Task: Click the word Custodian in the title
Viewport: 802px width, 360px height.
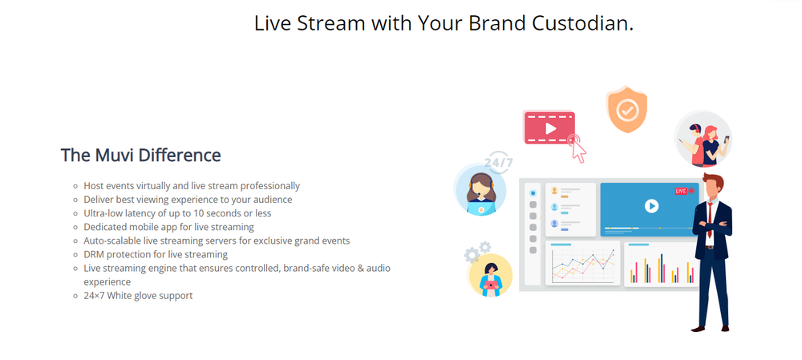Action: click(x=582, y=23)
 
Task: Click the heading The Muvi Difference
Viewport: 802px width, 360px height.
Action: click(x=140, y=155)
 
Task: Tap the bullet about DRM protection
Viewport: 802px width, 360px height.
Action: click(x=156, y=254)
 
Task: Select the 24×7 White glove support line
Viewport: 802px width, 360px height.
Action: click(x=138, y=296)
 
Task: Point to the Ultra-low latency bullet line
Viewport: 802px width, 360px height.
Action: click(x=177, y=213)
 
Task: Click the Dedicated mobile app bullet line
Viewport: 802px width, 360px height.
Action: click(x=168, y=227)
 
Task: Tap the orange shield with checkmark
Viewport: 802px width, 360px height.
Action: click(x=626, y=109)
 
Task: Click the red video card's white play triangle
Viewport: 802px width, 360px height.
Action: click(x=550, y=127)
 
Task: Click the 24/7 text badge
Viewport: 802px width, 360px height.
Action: click(x=498, y=163)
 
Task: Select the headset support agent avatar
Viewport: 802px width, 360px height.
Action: click(x=480, y=190)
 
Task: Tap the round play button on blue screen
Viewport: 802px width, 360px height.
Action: click(x=651, y=206)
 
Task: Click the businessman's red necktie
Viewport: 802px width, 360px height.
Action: click(x=710, y=220)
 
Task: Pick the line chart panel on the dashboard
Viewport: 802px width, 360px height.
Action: click(x=582, y=263)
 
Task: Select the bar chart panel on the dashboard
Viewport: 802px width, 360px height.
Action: click(x=661, y=264)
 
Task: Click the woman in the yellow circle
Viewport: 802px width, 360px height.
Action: click(x=491, y=276)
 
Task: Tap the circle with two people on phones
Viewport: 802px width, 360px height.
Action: click(x=703, y=139)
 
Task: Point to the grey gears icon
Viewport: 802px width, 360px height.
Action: click(x=476, y=252)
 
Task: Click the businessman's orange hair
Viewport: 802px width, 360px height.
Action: click(x=712, y=179)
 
